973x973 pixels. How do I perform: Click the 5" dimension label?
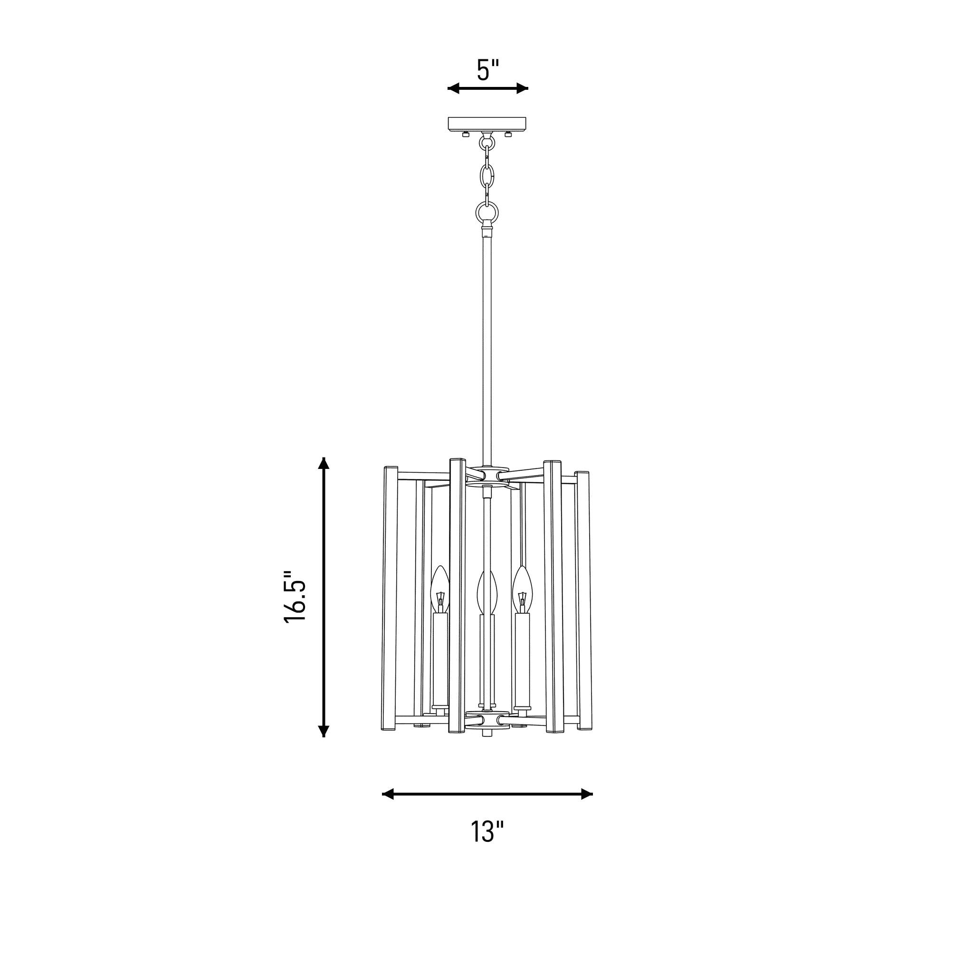[488, 70]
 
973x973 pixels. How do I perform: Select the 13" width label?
[487, 831]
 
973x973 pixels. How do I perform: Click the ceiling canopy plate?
[487, 123]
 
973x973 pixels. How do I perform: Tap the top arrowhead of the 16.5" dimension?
[324, 463]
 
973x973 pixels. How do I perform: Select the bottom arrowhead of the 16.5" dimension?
[324, 730]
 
